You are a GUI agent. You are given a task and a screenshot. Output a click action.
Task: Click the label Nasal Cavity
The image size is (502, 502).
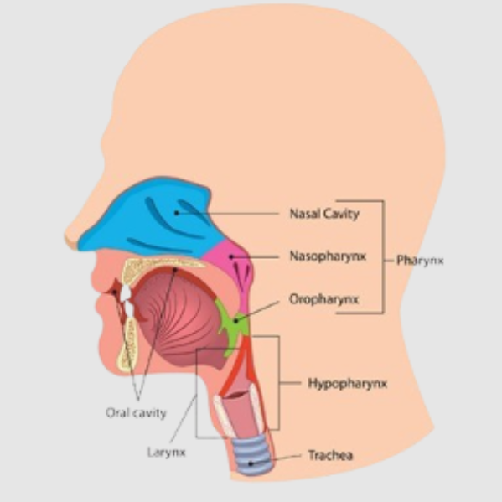324,214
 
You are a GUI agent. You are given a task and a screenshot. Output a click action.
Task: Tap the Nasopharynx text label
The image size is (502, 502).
328,256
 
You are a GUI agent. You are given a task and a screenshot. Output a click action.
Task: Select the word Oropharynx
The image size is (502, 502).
323,299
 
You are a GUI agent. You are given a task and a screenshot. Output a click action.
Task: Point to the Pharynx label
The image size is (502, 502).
420,261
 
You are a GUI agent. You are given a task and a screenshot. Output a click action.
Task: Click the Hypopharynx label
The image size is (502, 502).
347,383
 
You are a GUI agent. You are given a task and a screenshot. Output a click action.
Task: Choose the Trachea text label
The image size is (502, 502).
330,455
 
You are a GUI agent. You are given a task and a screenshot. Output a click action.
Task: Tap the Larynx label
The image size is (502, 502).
166,453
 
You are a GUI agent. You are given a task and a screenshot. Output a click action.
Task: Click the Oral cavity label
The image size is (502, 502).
136,413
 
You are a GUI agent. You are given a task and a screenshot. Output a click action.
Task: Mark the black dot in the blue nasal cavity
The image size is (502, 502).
176,213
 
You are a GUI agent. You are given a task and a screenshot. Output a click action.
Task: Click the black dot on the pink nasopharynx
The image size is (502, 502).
231,256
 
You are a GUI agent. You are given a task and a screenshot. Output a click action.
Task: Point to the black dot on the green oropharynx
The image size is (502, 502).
236,320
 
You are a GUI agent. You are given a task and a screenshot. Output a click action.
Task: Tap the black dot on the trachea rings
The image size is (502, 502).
251,463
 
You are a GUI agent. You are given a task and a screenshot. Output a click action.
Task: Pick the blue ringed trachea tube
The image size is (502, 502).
253,454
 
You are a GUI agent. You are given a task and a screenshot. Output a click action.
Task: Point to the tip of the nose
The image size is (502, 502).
68,239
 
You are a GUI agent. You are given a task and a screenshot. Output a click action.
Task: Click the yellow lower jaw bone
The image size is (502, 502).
128,346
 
